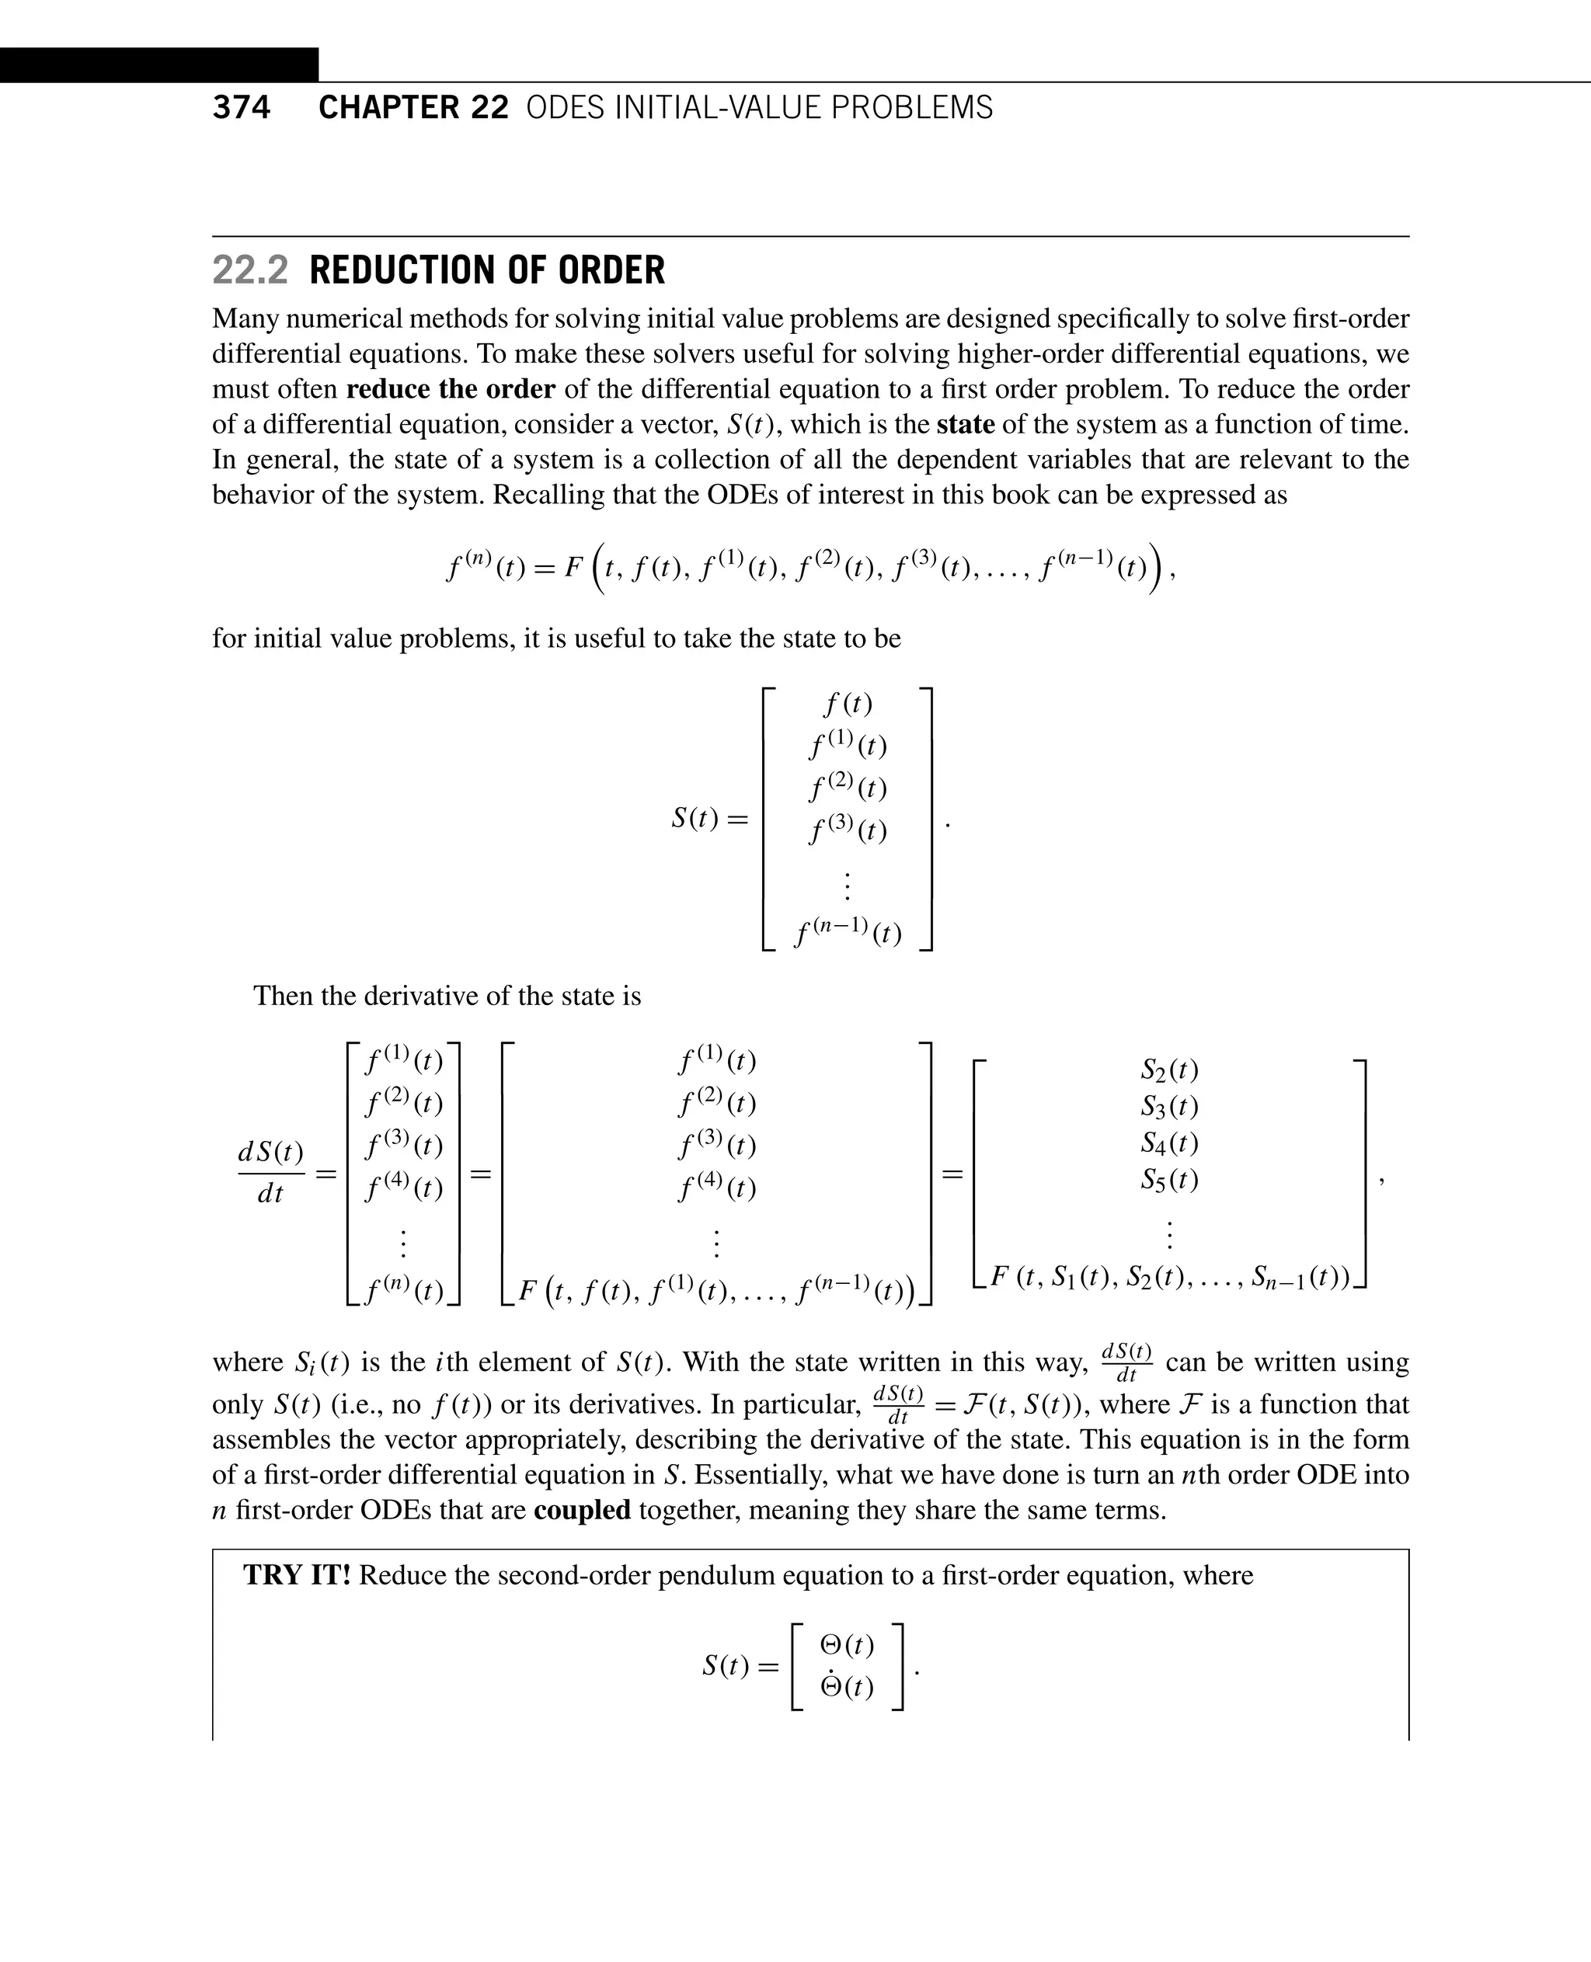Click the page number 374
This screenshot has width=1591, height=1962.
click(241, 107)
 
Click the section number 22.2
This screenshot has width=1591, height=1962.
click(249, 270)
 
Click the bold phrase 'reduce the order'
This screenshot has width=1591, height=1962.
click(450, 388)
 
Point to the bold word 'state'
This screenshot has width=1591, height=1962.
click(965, 424)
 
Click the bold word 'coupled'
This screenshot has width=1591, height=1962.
click(582, 1509)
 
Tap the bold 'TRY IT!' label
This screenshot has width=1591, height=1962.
click(297, 1575)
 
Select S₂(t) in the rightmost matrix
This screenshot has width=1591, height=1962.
click(1169, 1070)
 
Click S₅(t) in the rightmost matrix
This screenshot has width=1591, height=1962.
click(1169, 1178)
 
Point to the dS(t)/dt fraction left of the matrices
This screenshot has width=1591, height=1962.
click(270, 1172)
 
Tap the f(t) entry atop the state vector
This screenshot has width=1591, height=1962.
click(848, 704)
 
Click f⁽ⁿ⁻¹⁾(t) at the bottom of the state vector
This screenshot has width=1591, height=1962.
click(848, 932)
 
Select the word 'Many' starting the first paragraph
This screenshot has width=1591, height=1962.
click(245, 319)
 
